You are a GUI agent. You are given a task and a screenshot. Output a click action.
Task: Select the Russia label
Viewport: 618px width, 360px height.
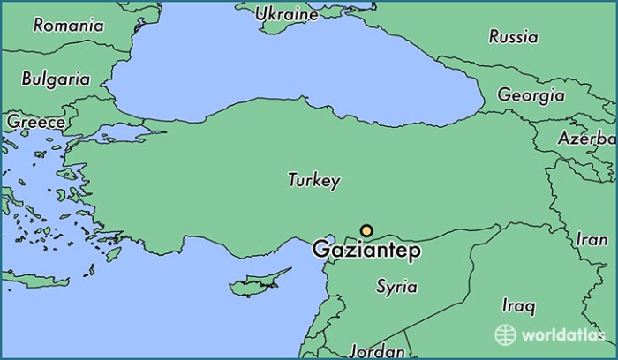click(x=513, y=37)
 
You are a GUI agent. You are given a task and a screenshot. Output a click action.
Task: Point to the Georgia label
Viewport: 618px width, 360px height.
click(x=531, y=94)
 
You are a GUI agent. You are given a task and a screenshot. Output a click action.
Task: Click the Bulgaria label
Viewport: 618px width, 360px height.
click(x=56, y=79)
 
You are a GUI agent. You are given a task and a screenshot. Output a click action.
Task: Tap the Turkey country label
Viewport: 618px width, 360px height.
click(x=313, y=180)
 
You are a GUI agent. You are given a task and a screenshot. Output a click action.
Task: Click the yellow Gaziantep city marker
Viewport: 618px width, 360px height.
click(x=366, y=231)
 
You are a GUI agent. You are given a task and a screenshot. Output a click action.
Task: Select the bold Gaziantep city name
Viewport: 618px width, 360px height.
click(x=366, y=251)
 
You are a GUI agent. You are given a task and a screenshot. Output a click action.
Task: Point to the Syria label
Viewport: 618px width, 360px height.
click(x=396, y=287)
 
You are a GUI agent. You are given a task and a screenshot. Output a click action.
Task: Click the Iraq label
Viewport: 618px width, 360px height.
click(x=517, y=306)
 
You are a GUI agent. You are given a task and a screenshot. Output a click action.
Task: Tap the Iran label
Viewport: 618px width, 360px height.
click(x=591, y=239)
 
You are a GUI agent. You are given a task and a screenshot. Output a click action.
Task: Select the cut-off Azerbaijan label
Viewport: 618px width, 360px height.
click(x=587, y=139)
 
